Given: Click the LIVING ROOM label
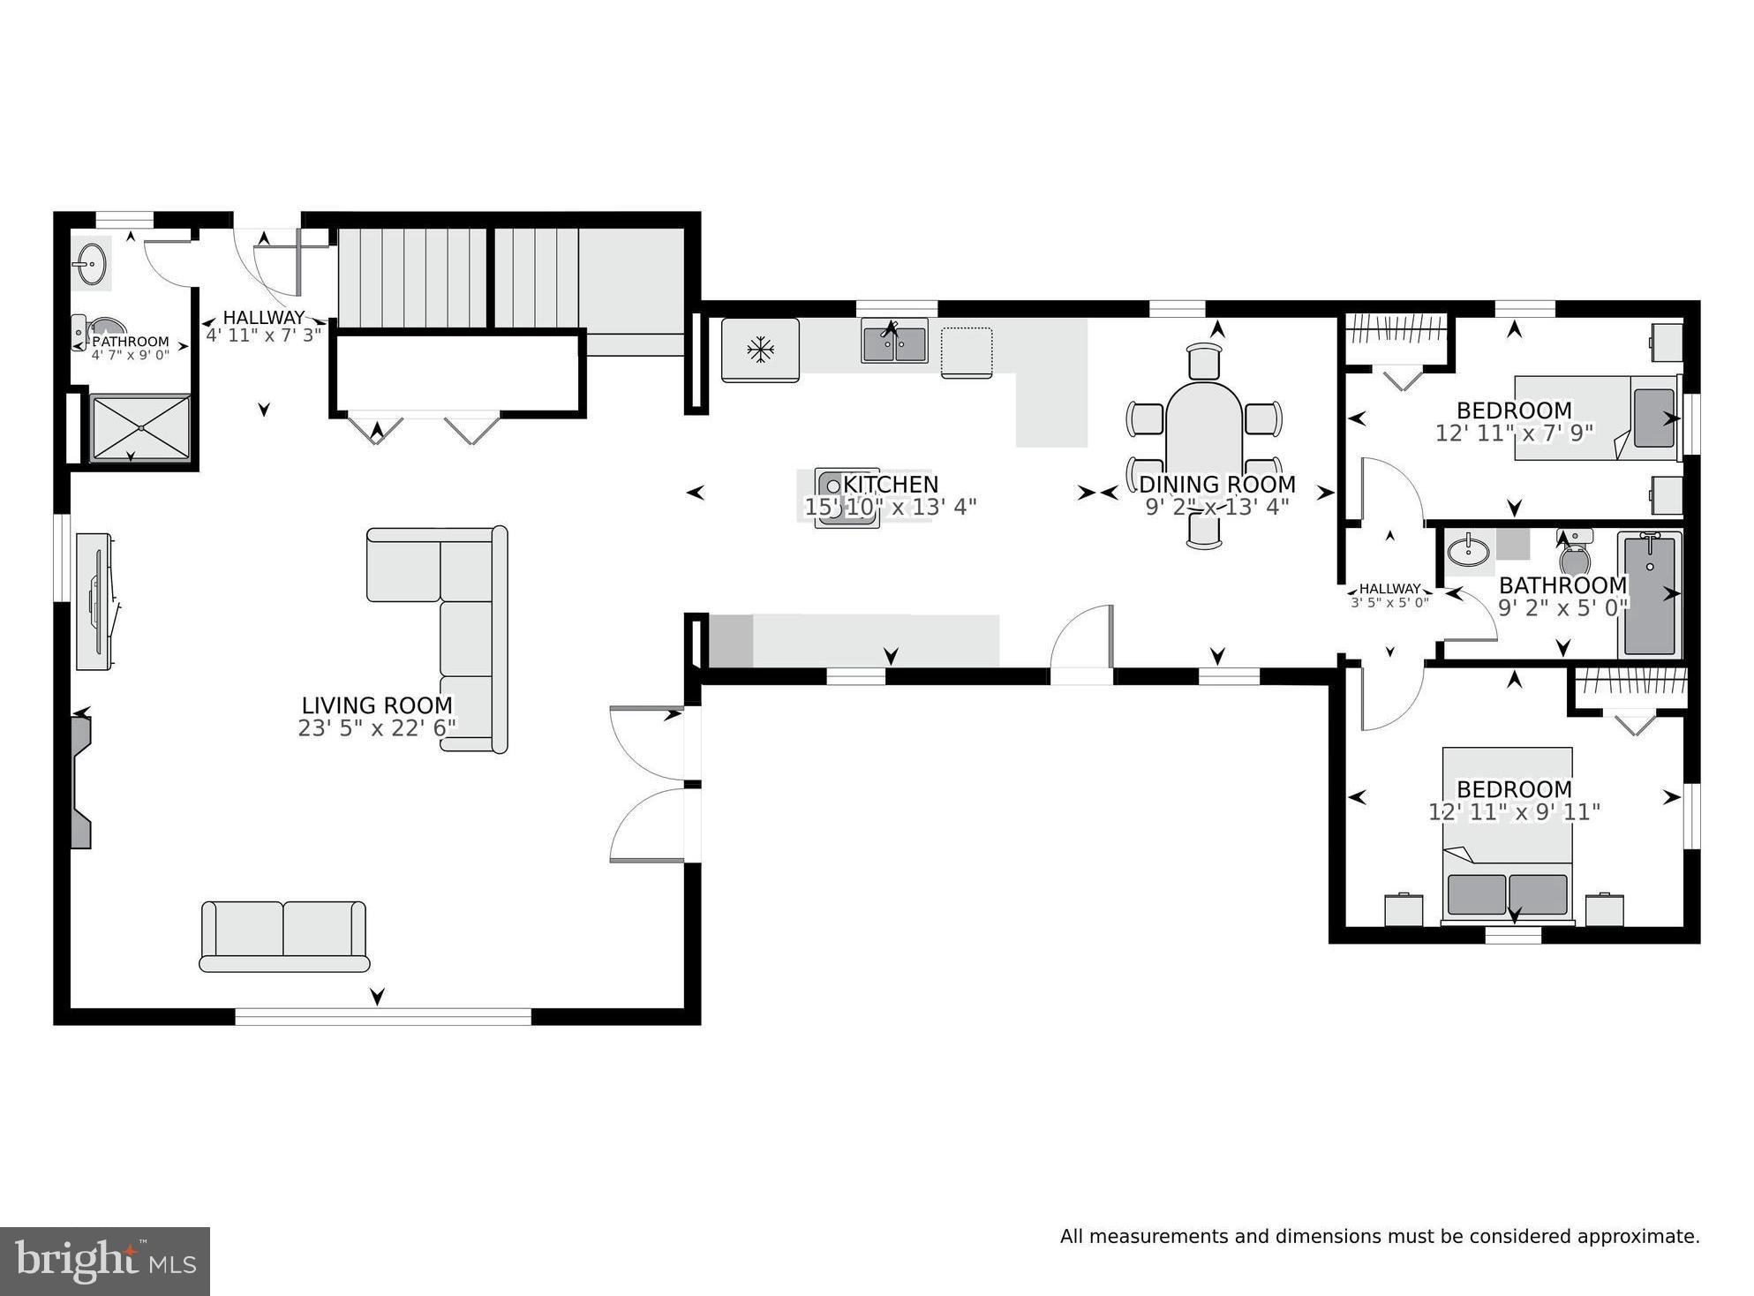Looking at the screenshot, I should click(x=377, y=705).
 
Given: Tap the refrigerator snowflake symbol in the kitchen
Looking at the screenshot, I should click(x=759, y=350).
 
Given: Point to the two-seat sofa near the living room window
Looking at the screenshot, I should click(x=283, y=936).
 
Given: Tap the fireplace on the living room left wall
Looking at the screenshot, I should click(x=81, y=781).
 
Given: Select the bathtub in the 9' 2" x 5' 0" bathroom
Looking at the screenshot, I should click(x=1649, y=594).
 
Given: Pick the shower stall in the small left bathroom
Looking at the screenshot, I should click(x=141, y=427).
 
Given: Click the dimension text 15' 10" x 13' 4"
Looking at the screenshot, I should click(x=890, y=508).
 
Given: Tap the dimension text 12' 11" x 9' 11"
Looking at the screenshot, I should click(x=1514, y=812).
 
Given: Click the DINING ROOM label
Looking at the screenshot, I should click(x=1216, y=485).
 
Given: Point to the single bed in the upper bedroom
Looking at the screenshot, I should click(x=1596, y=418).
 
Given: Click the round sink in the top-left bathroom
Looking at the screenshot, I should click(x=91, y=262).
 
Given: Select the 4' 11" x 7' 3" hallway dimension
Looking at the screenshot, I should click(x=263, y=335).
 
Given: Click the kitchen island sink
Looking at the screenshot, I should click(x=846, y=497).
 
